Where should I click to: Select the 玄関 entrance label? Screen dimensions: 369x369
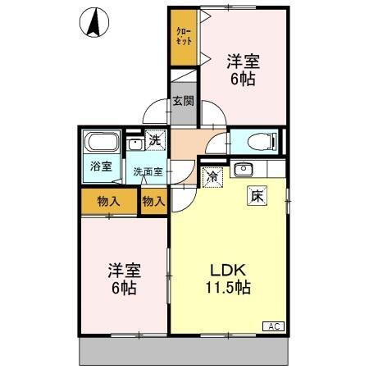coord(183,102)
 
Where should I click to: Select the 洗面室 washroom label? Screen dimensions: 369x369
coord(148,172)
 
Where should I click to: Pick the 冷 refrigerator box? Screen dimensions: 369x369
coord(212,176)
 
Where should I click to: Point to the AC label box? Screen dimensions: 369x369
coord(273,326)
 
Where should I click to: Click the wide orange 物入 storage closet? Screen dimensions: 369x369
coord(108,201)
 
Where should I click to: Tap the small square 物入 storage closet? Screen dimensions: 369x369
coord(153,201)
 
